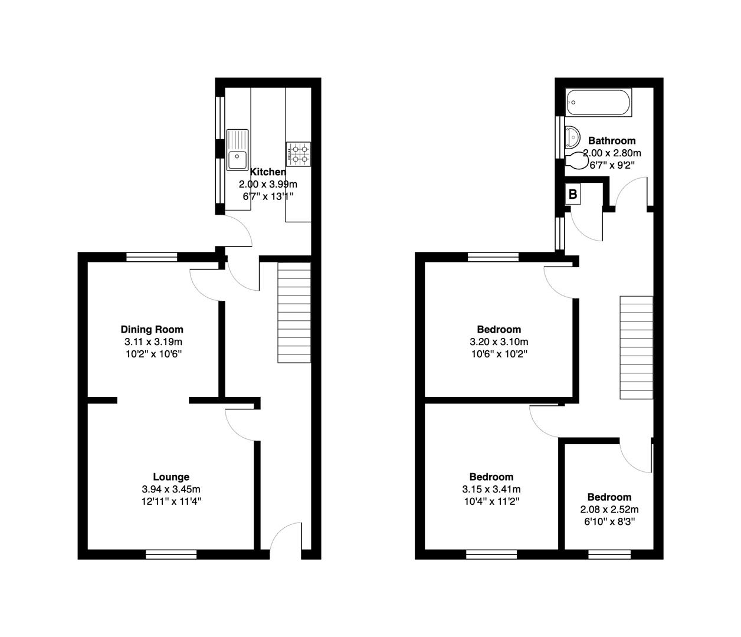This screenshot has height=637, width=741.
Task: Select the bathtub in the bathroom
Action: click(598, 103)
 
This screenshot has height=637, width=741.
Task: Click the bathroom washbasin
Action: click(572, 137)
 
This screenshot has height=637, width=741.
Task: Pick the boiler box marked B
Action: click(572, 194)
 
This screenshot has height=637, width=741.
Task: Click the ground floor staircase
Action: click(294, 313)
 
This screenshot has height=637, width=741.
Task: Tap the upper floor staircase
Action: click(636, 348)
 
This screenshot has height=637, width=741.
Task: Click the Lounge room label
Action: click(171, 477)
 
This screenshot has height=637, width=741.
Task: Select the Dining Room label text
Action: click(152, 329)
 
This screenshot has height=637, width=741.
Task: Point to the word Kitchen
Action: click(268, 172)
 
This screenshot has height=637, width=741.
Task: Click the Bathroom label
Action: click(612, 140)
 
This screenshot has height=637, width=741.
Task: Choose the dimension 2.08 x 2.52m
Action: click(609, 510)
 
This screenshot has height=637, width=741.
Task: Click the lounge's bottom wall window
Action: click(171, 554)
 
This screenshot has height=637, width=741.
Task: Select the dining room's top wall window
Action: click(152, 257)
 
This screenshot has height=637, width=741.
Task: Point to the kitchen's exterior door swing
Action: click(237, 231)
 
